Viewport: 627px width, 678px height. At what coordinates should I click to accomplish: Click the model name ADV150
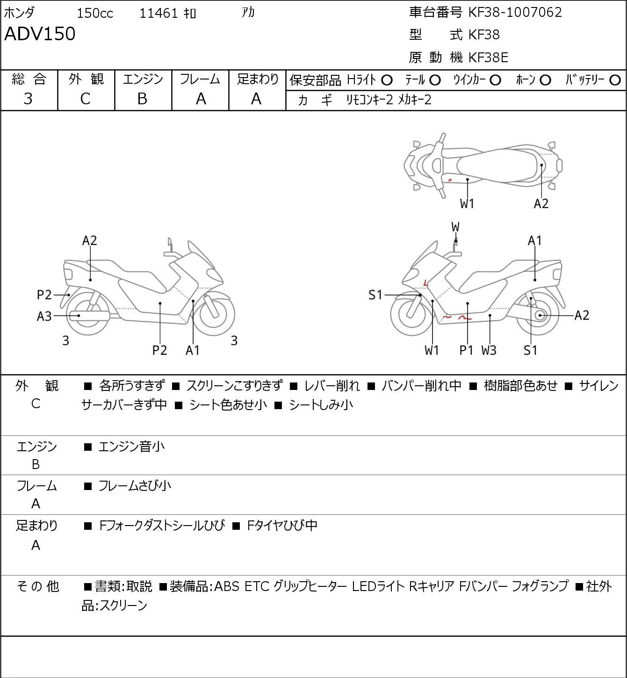(x=40, y=34)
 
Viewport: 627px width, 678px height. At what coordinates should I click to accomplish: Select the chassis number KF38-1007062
(x=515, y=13)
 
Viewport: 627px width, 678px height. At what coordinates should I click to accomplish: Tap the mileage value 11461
(x=159, y=13)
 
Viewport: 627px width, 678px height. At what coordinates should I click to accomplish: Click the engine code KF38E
(x=488, y=58)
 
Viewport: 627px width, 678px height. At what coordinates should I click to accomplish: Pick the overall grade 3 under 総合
(x=28, y=99)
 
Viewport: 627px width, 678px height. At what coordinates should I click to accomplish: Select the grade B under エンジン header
(x=142, y=99)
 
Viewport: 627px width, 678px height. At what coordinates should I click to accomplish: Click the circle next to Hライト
(x=387, y=80)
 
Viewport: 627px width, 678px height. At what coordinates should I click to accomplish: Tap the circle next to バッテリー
(x=615, y=80)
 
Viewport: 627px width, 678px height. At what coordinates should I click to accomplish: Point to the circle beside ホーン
(x=545, y=80)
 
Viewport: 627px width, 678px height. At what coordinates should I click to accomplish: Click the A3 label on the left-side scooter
(x=44, y=317)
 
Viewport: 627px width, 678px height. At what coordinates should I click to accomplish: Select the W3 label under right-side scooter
(x=489, y=350)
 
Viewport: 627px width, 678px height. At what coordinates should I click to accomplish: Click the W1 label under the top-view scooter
(x=467, y=204)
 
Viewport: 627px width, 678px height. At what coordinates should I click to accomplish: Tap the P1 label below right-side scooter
(x=466, y=350)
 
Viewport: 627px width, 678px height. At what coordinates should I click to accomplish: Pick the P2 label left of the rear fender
(x=44, y=295)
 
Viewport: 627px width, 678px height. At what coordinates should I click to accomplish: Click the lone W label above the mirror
(x=455, y=227)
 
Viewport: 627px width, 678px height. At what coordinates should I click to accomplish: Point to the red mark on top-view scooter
(x=450, y=180)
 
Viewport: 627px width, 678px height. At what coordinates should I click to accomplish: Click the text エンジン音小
(x=131, y=447)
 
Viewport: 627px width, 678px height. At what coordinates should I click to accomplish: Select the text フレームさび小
(x=135, y=486)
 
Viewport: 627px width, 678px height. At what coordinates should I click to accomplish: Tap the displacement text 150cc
(x=95, y=13)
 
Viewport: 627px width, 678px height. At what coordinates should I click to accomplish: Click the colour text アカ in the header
(x=248, y=13)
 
